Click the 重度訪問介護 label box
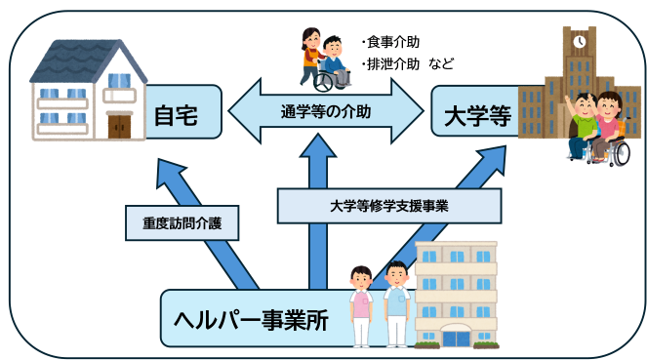tap(175, 223)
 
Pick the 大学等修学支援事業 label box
tap(388, 206)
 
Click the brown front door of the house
tap(119, 125)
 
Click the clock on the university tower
tap(580, 42)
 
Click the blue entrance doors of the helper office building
tap(455, 338)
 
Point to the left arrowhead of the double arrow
tap(242, 112)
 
